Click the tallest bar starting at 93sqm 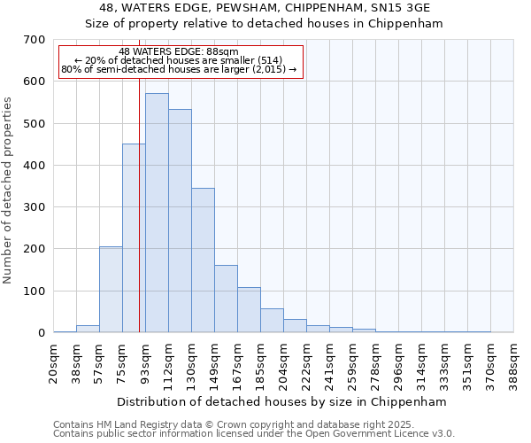click(x=157, y=213)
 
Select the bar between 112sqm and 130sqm click(x=180, y=221)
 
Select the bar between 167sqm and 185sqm click(x=249, y=310)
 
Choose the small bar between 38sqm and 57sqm click(x=88, y=329)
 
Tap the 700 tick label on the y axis click(x=35, y=40)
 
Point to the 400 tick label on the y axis click(x=35, y=166)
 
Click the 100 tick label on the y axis click(x=35, y=291)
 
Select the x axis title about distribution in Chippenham click(x=281, y=401)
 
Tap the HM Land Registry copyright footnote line click(x=252, y=424)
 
